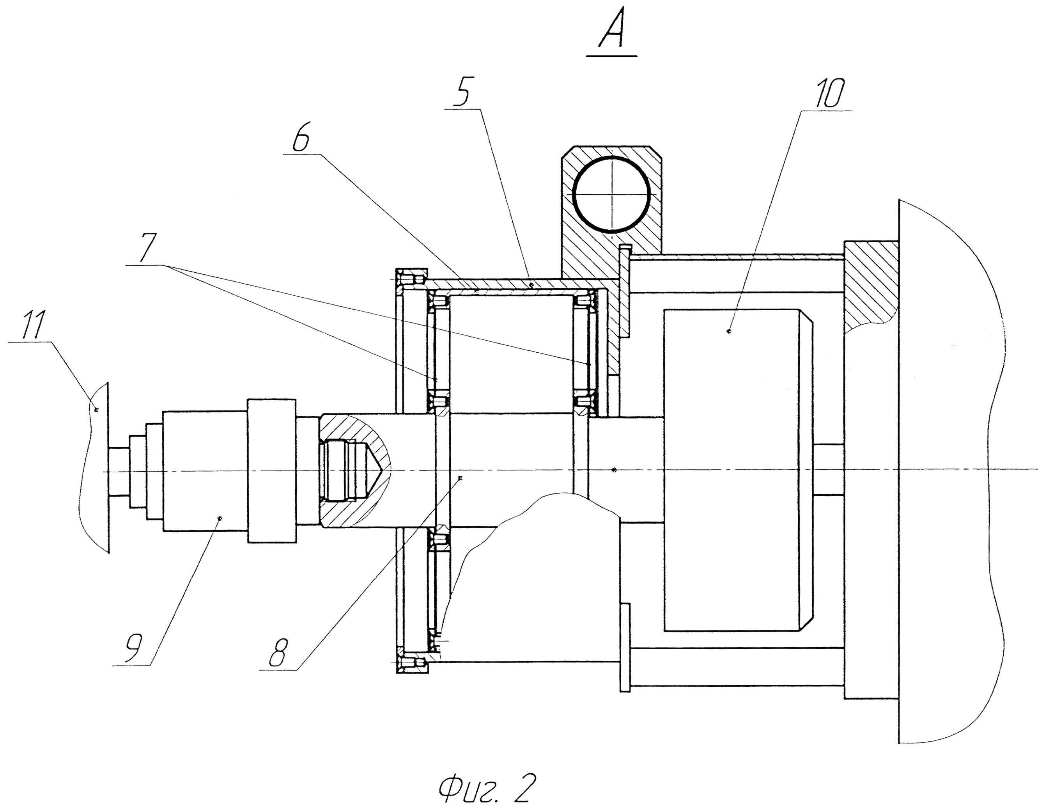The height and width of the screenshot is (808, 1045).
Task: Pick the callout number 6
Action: coord(301,137)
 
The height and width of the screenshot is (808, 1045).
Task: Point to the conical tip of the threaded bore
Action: coord(381,470)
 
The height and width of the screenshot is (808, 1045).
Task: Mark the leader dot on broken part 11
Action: coord(97,410)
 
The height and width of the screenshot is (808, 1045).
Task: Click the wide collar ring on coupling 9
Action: coord(271,471)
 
